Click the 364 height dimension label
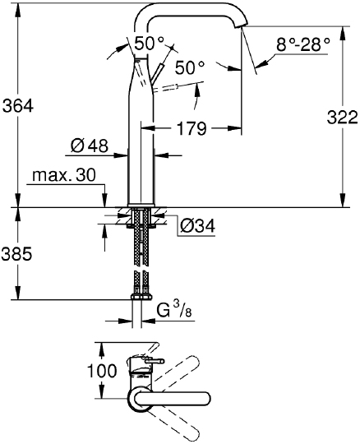point(17,106)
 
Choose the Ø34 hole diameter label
point(198,224)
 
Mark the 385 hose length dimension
point(16,254)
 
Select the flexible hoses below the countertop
point(143,255)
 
